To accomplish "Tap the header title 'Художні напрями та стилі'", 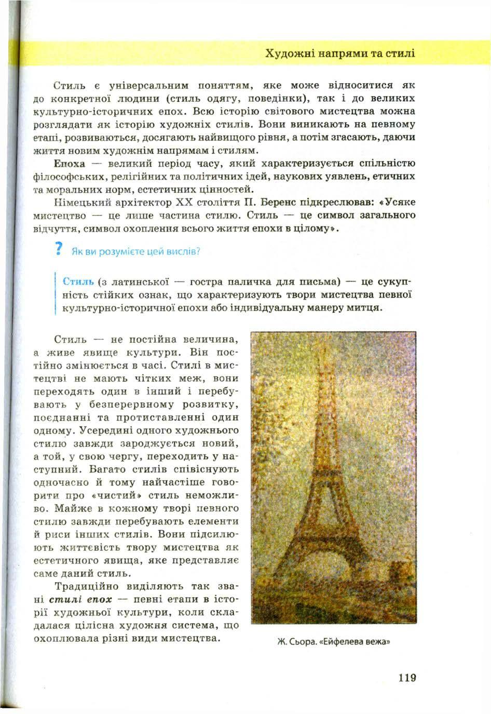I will click(340, 53).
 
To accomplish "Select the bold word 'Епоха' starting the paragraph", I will click(69, 164).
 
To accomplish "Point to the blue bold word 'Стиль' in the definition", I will click(78, 282).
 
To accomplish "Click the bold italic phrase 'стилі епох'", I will click(84, 599).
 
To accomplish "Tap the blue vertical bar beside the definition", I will click(54, 294).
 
